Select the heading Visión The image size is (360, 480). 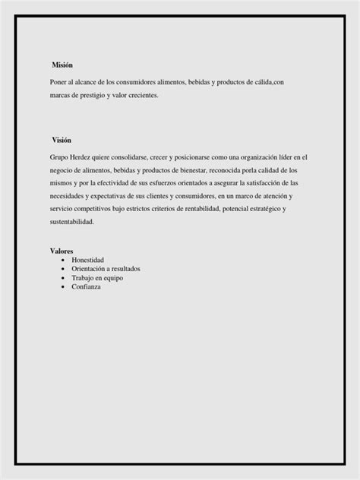tap(62, 141)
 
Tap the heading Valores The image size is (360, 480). tap(62, 251)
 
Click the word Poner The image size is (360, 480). tap(58, 82)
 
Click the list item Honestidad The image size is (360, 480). tap(87, 260)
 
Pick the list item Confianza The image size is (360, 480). tap(86, 286)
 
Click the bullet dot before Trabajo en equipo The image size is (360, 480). tap(62, 278)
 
